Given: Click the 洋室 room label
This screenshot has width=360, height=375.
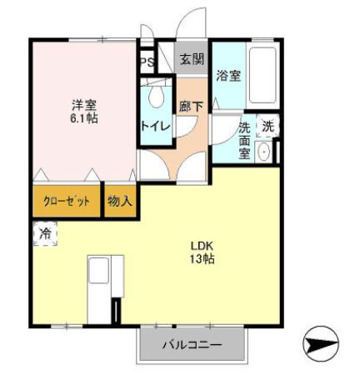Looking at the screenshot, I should coord(83,106).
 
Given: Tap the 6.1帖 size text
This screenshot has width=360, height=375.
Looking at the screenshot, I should coord(83,119).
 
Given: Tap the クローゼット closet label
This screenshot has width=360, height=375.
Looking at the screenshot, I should coord(67,202).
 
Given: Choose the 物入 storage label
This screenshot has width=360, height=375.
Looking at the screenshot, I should coord(120,202).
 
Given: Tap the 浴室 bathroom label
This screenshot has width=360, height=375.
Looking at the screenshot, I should coord(228,76).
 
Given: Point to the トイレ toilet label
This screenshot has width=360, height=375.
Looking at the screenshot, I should coord(155,126).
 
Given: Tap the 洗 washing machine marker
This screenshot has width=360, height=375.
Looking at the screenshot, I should coord(267,127).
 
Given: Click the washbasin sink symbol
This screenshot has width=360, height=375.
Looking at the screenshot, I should coord(265,152).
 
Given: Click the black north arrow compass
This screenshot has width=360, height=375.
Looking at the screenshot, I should coord(321,344).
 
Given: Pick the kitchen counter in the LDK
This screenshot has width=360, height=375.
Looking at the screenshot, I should coord(106,287).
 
